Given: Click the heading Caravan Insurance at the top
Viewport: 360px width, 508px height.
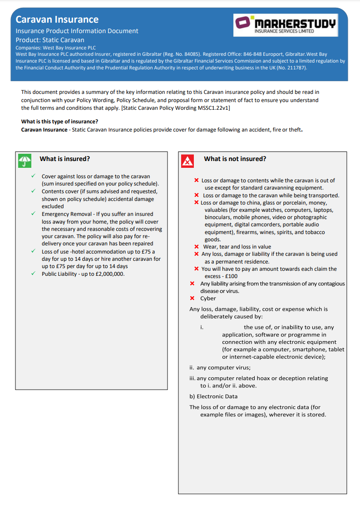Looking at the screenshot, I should click(57, 20).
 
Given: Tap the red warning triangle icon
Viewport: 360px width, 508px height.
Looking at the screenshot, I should click(187, 161).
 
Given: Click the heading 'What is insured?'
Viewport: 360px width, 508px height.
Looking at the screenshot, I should click(65, 159).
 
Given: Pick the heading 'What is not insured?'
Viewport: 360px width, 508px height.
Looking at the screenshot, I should click(235, 159).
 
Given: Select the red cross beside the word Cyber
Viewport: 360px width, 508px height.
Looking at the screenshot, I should click(192, 298).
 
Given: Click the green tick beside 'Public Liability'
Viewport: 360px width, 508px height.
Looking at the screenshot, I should click(33, 274).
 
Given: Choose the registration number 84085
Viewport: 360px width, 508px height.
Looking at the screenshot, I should click(187, 54).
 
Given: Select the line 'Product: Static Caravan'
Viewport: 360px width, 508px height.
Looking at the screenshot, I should click(50, 40).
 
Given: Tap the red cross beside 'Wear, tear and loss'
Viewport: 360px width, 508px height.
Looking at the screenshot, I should click(196, 247).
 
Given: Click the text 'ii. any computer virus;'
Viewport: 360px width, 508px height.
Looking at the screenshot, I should click(220, 367).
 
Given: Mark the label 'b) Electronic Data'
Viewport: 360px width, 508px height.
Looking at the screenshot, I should click(213, 396).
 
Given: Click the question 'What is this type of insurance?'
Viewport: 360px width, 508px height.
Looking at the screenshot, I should click(59, 122).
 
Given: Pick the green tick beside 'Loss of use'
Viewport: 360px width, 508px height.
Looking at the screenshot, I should click(33, 251).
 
